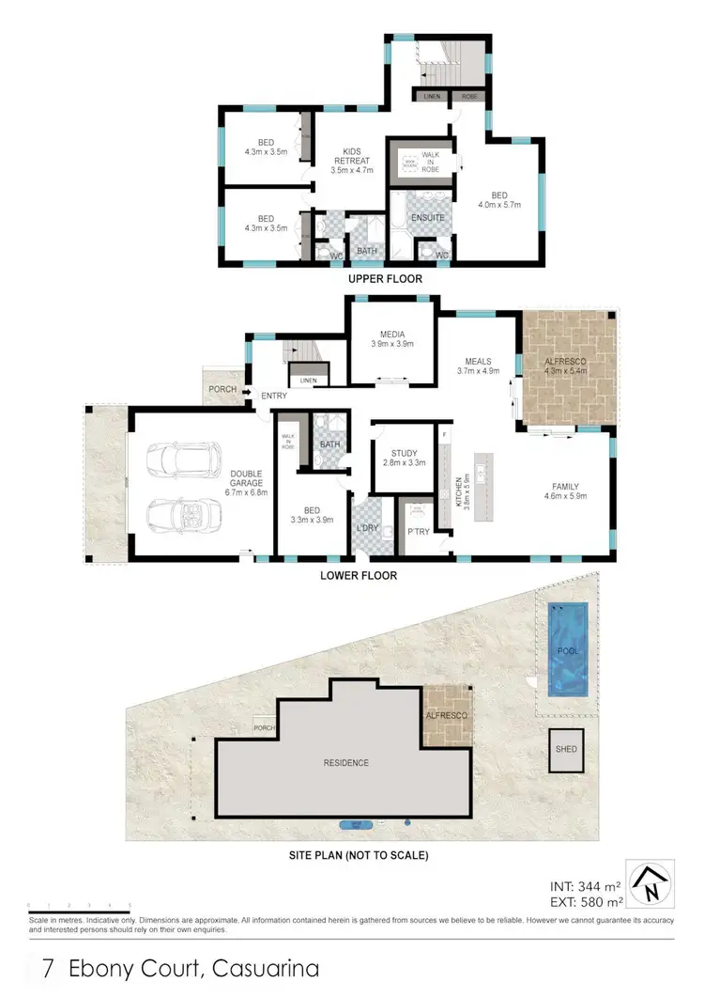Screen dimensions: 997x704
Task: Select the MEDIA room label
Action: coord(391,334)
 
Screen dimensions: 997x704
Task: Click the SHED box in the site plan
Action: coord(566,750)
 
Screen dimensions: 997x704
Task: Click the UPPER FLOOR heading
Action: coord(385,279)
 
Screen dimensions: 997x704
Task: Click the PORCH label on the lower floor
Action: coord(222,389)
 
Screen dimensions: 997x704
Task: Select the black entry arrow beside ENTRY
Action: coord(248,393)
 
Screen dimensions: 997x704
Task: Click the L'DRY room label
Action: coord(367,529)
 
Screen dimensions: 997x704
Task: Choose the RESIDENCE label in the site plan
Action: coord(345,762)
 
